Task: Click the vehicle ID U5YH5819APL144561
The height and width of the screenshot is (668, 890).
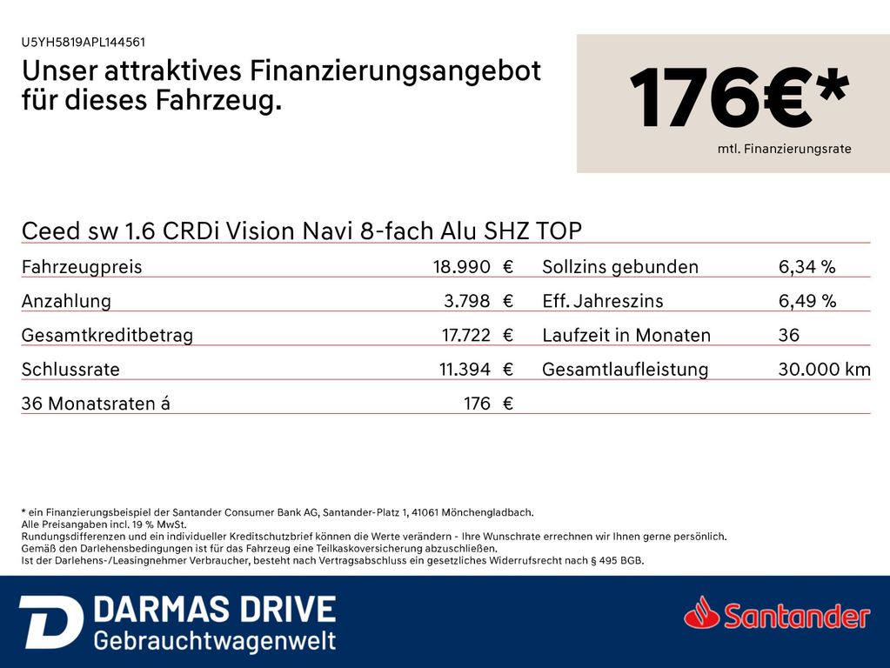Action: pyautogui.click(x=84, y=42)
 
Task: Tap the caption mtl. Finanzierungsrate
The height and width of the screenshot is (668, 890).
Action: pyautogui.click(x=784, y=150)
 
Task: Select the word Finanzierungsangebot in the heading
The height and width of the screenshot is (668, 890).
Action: pyautogui.click(x=396, y=71)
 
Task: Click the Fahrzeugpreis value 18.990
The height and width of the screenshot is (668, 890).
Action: pyautogui.click(x=461, y=267)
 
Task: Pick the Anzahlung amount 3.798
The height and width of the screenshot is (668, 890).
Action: pyautogui.click(x=466, y=301)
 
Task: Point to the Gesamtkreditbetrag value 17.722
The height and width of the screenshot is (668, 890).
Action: pyautogui.click(x=466, y=335)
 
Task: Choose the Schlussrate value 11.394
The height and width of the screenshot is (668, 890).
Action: pyautogui.click(x=464, y=370)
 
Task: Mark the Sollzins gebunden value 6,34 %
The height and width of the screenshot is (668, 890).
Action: pyautogui.click(x=806, y=267)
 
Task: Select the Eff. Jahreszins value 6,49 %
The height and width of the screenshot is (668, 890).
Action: pyautogui.click(x=806, y=301)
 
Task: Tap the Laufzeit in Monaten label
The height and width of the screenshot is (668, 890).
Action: pyautogui.click(x=626, y=335)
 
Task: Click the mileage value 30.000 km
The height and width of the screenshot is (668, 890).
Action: pyautogui.click(x=824, y=370)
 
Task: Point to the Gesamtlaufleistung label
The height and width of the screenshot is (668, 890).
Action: pyautogui.click(x=625, y=370)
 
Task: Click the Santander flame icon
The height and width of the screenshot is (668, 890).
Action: pyautogui.click(x=702, y=614)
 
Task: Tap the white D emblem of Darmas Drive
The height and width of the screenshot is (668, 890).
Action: pyautogui.click(x=50, y=622)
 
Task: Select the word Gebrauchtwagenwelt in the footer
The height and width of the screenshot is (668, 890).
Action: pyautogui.click(x=214, y=642)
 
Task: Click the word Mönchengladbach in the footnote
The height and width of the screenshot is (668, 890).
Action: pyautogui.click(x=490, y=513)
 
